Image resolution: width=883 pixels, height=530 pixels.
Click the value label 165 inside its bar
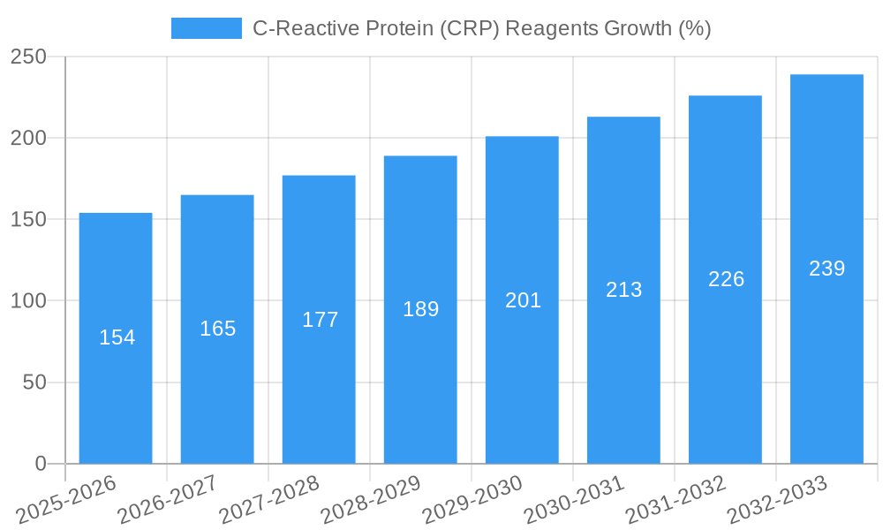click(218, 329)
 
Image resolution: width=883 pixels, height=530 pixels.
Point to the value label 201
click(523, 300)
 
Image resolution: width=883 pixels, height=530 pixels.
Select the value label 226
click(727, 279)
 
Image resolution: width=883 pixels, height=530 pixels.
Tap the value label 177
click(320, 320)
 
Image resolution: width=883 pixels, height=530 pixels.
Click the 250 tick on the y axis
click(34, 57)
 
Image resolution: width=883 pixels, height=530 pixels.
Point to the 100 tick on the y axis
click(34, 301)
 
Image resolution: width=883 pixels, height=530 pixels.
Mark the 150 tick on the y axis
click(34, 220)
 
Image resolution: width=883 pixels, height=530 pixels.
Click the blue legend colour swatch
click(206, 28)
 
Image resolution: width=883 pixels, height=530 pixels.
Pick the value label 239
click(827, 269)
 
